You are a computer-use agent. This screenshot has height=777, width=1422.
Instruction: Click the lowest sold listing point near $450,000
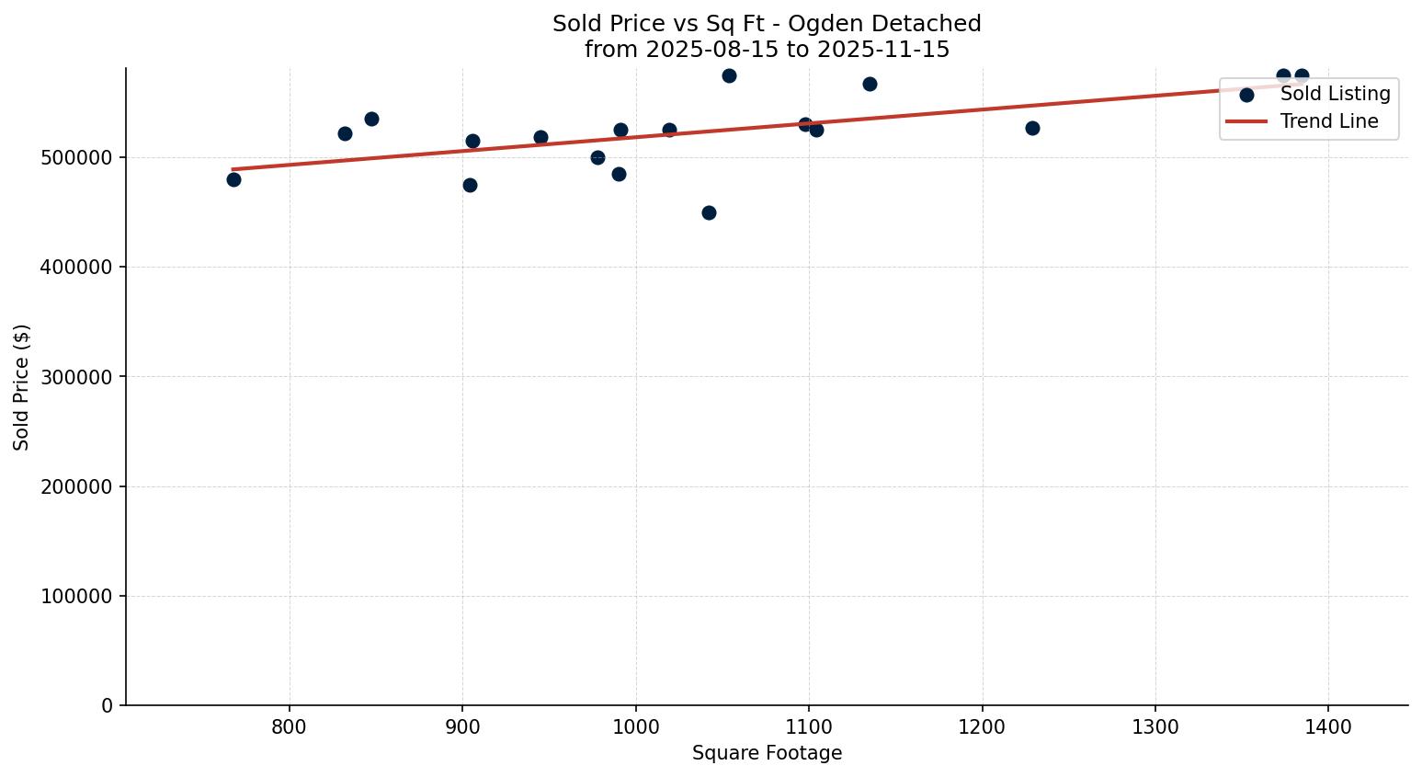click(709, 212)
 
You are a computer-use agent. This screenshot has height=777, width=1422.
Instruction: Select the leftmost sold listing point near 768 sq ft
click(233, 179)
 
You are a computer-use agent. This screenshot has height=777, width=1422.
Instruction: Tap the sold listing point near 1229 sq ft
click(1032, 128)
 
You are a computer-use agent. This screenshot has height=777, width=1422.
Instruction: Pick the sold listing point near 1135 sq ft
click(870, 84)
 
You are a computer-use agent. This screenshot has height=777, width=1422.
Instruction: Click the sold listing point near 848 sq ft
click(371, 119)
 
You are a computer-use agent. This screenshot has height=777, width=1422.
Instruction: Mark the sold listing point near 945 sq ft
click(540, 137)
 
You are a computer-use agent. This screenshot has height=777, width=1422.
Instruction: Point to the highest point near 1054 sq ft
click(729, 75)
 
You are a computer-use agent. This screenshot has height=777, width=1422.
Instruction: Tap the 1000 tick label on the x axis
click(635, 727)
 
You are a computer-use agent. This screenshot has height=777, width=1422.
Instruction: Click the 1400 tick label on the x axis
click(1328, 727)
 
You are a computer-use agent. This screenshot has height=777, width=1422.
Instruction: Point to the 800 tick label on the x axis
click(290, 727)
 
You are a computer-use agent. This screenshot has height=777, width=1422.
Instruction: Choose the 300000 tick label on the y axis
click(77, 377)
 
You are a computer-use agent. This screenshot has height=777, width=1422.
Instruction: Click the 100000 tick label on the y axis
click(77, 596)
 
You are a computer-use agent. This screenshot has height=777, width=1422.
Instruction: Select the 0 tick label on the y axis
click(108, 705)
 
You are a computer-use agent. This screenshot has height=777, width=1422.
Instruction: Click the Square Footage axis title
click(767, 753)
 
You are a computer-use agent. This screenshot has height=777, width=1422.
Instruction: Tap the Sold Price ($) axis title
click(22, 387)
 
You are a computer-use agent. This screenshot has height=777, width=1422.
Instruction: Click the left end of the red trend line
click(234, 169)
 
